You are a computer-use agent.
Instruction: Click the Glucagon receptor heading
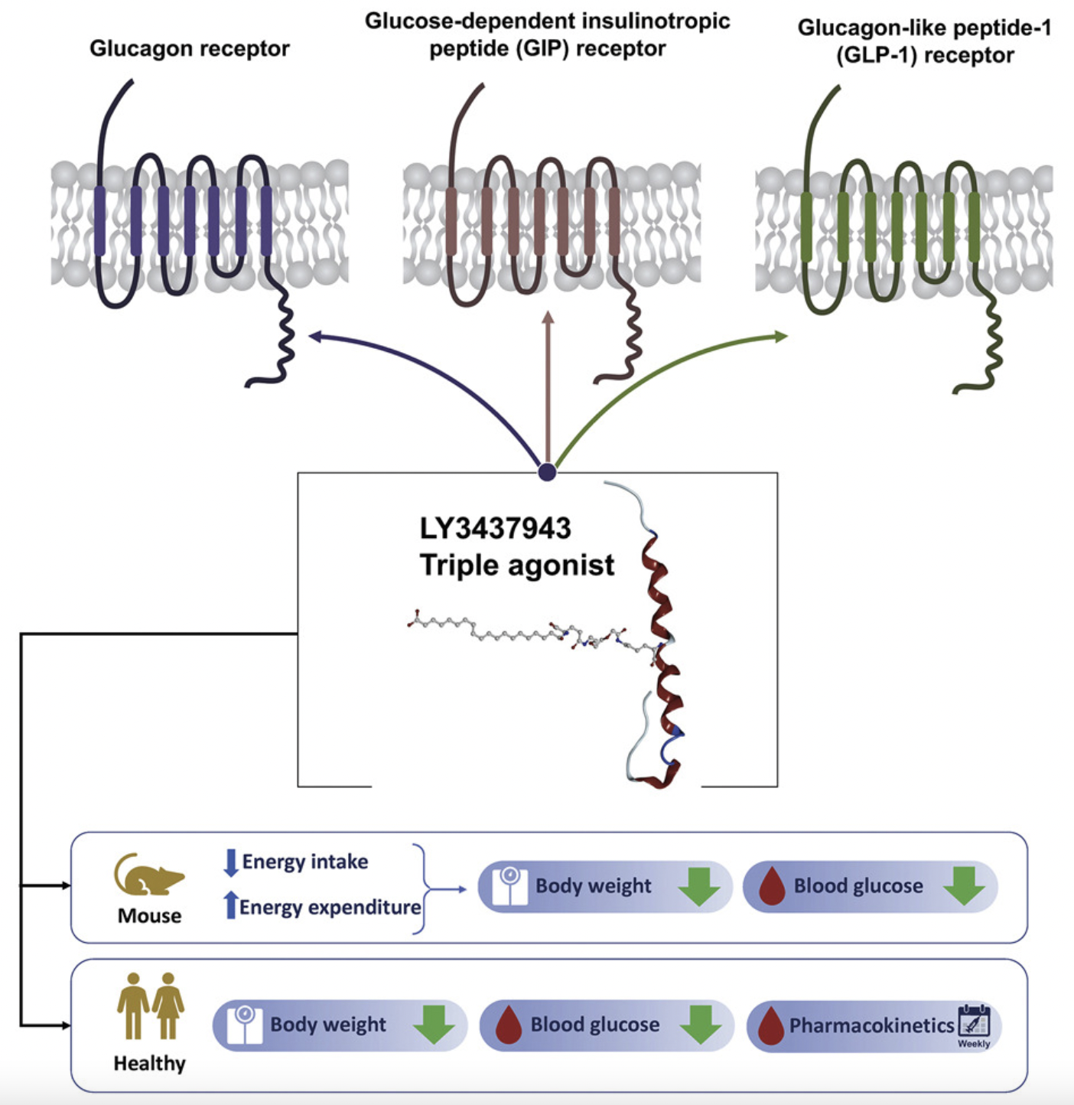[x=189, y=48]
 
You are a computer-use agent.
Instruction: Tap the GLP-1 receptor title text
[x=924, y=41]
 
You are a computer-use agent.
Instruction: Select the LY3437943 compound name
[x=495, y=528]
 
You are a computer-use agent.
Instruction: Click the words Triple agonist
[x=516, y=566]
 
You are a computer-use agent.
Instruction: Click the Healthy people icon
[x=150, y=1006]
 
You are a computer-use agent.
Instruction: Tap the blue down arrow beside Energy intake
[x=230, y=862]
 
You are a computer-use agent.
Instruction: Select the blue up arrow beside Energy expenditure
[x=230, y=905]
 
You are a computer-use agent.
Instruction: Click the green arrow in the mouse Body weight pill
[x=698, y=886]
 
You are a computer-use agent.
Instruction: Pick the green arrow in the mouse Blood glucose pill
[x=964, y=886]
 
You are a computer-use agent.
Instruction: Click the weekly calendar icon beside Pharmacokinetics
[x=974, y=1022]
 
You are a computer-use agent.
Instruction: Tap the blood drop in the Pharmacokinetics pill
[x=770, y=1026]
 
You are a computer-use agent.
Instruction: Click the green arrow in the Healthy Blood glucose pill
[x=700, y=1025]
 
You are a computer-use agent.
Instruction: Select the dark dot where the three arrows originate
[x=547, y=471]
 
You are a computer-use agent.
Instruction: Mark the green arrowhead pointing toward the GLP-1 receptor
[x=781, y=336]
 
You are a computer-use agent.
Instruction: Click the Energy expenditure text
[x=330, y=907]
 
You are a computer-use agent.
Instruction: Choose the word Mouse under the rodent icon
[x=149, y=916]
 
